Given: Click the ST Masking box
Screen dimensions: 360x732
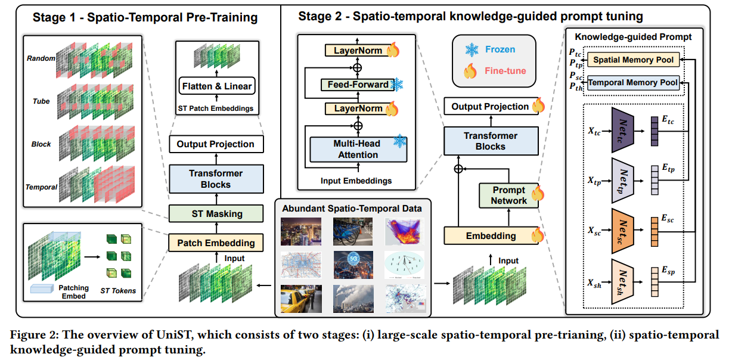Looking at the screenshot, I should click(215, 213).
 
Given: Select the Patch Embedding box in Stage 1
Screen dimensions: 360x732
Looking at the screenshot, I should click(215, 243).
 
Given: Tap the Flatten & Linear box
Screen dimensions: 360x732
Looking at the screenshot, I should click(215, 86).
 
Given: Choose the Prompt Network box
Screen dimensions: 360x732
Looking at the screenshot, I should click(508, 195).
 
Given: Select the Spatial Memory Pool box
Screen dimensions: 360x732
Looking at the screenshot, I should click(634, 60).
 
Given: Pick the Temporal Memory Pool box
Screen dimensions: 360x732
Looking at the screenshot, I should click(633, 83).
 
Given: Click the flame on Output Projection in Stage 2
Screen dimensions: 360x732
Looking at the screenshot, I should click(538, 106).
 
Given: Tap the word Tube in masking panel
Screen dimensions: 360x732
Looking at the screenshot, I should click(41, 101).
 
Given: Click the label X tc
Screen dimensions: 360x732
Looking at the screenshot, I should click(593, 131).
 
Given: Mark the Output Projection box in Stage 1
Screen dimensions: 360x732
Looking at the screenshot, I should click(215, 144).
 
